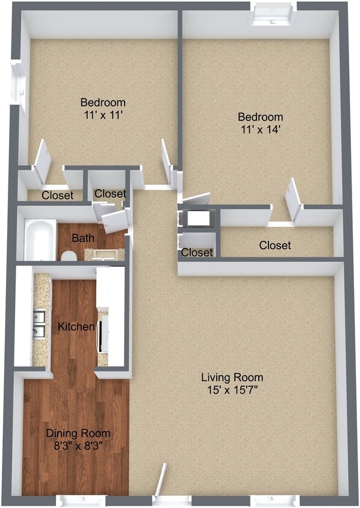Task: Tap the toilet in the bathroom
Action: [x=69, y=256]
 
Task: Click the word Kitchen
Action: [x=76, y=326]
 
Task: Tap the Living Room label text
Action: [x=232, y=377]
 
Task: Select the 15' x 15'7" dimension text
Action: [x=232, y=390]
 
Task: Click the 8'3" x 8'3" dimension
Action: [x=78, y=446]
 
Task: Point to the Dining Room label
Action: [x=78, y=433]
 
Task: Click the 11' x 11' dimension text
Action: [x=103, y=115]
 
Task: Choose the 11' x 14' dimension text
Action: [x=260, y=129]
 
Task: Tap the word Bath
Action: [x=83, y=238]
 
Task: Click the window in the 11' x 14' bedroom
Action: [x=273, y=14]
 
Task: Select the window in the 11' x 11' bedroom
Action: [x=18, y=83]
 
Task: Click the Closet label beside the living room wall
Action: [x=197, y=252]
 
